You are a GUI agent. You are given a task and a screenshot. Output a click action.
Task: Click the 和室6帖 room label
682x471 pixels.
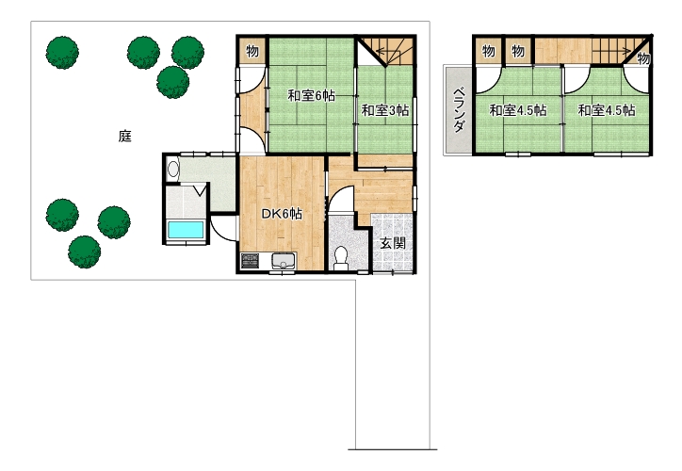(311, 95)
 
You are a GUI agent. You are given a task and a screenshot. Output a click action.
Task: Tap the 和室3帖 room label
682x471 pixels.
(385, 110)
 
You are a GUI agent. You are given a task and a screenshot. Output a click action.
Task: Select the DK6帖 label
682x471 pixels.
(282, 214)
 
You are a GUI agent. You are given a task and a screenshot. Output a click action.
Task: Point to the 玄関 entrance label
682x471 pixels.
(393, 243)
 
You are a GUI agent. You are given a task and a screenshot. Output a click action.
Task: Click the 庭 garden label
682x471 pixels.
(125, 137)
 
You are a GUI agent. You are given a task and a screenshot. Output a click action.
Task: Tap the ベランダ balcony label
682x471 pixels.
(459, 110)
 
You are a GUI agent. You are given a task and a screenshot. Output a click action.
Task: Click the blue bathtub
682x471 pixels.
(186, 230)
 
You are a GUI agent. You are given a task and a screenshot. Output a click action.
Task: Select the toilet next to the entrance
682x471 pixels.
(340, 257)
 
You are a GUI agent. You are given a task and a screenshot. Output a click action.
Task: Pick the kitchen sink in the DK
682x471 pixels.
(284, 261)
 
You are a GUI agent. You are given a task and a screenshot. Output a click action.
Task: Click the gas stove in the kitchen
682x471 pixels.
(250, 261)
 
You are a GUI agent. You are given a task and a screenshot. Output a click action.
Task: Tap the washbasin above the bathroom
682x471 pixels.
(173, 169)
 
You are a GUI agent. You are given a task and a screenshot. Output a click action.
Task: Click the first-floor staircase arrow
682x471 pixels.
(388, 51)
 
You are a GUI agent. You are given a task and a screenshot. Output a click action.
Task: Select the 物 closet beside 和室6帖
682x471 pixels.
(252, 51)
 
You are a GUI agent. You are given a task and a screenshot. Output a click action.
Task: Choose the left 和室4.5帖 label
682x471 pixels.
(518, 110)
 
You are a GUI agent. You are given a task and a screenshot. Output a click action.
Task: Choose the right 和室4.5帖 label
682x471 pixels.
(607, 110)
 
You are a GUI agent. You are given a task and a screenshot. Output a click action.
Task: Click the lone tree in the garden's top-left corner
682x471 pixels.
(62, 52)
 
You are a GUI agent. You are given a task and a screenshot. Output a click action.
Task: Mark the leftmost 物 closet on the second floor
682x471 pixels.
(489, 51)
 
